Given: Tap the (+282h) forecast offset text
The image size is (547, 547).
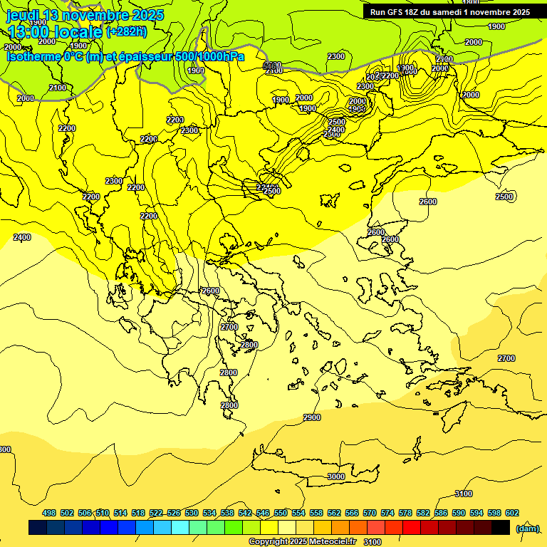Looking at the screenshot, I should [126, 31].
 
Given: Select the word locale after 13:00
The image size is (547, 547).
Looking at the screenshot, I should [76, 31].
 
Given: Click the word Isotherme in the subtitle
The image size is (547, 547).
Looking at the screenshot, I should [33, 56].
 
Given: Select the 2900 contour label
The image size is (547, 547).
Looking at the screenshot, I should [311, 417].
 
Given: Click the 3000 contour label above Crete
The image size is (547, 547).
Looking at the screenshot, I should [336, 476].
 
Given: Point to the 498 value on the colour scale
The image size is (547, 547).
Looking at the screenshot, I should [49, 513].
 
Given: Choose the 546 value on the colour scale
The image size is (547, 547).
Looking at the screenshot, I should [263, 513].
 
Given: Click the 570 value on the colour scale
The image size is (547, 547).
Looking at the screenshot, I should [370, 513].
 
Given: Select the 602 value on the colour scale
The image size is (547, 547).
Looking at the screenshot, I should [511, 513].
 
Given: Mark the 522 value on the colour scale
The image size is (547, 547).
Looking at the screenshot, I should [156, 513].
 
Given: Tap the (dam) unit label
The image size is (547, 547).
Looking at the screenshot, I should [527, 528].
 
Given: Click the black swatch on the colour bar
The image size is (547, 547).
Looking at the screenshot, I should [501, 527].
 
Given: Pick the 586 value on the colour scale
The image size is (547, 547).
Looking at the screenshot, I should [441, 513].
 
